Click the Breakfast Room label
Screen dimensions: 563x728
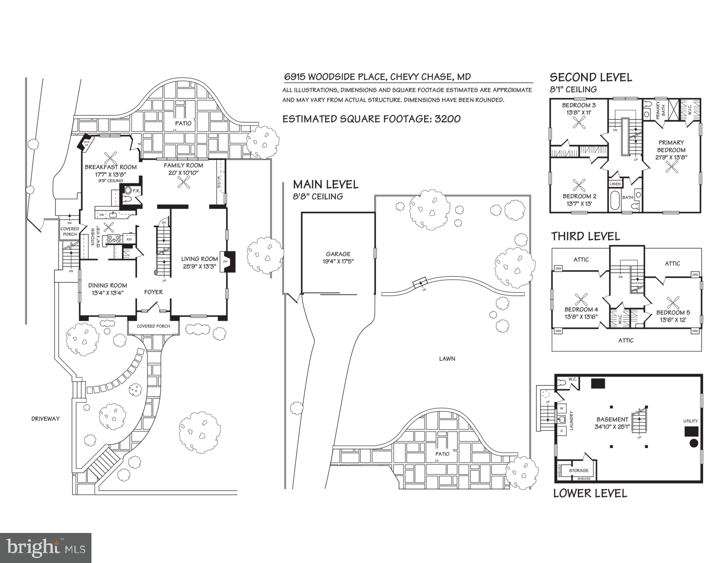(111, 167)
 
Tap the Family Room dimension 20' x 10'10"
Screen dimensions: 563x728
(184, 173)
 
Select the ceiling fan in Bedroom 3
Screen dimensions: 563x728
(580, 122)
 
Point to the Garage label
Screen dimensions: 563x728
(338, 254)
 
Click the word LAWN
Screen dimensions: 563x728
(447, 358)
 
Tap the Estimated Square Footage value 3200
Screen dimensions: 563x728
(448, 119)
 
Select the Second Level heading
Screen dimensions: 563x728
(591, 77)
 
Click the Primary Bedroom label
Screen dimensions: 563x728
(671, 146)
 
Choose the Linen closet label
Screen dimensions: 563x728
(615, 184)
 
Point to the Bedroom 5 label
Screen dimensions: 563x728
(673, 312)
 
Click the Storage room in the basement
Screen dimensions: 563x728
(578, 471)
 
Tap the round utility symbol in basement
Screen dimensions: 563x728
(694, 443)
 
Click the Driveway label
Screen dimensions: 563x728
(45, 419)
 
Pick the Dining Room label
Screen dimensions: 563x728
(107, 286)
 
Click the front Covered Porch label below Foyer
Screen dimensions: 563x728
(153, 326)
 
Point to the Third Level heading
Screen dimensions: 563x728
(585, 236)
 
